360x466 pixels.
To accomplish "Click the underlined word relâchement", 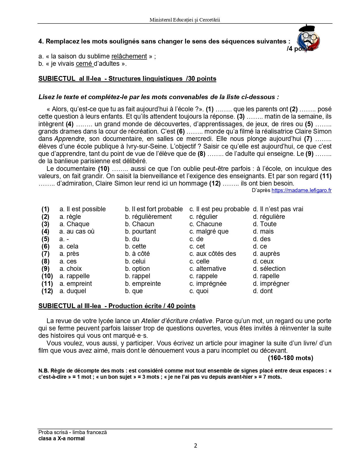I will pyautogui.click(x=129, y=56).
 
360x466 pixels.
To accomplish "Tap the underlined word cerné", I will pyautogui.click(x=84, y=64).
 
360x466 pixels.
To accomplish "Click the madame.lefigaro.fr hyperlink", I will pyautogui.click(x=301, y=190).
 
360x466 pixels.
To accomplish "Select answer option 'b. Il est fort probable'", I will pyautogui.click(x=154, y=209).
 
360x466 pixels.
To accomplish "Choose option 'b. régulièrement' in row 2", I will pyautogui.click(x=148, y=217).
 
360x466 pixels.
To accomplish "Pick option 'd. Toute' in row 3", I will pyautogui.click(x=265, y=224).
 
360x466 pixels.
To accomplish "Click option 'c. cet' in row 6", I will pyautogui.click(x=197, y=246).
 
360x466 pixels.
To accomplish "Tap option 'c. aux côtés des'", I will pyautogui.click(x=213, y=254).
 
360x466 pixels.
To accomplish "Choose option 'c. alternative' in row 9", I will pyautogui.click(x=208, y=269).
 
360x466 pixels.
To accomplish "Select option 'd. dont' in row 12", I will pyautogui.click(x=263, y=291).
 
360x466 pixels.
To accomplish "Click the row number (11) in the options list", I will pyautogui.click(x=47, y=284).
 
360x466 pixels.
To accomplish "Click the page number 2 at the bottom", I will pyautogui.click(x=195, y=446).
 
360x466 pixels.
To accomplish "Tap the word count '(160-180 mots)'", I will pyautogui.click(x=290, y=358).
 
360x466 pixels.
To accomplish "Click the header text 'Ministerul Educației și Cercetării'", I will pyautogui.click(x=185, y=20).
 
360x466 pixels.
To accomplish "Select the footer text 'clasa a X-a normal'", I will pyautogui.click(x=62, y=439).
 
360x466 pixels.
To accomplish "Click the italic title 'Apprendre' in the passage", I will pyautogui.click(x=69, y=139).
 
